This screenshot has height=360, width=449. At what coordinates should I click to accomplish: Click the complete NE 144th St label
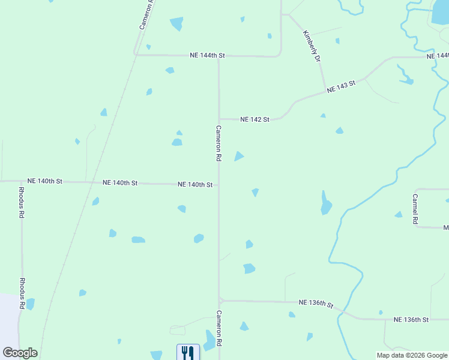[207, 55]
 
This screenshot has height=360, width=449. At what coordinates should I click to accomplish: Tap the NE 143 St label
[342, 86]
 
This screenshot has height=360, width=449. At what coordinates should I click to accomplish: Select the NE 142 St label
[255, 119]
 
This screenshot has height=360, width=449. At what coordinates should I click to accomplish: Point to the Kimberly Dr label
[312, 46]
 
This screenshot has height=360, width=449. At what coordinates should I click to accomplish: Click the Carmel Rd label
[415, 209]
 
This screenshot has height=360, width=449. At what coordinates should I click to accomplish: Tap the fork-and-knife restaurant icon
[188, 352]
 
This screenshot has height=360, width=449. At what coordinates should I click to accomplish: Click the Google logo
[20, 353]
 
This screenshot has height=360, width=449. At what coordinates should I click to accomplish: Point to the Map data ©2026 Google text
[411, 355]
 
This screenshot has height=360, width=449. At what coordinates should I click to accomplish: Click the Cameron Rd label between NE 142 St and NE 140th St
[219, 143]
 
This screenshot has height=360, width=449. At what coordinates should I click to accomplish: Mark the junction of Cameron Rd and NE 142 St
[219, 119]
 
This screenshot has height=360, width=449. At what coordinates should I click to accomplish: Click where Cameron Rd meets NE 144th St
[218, 56]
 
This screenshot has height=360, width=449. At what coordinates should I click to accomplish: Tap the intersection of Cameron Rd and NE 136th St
[220, 300]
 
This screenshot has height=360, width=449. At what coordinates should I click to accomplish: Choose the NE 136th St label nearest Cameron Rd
[316, 303]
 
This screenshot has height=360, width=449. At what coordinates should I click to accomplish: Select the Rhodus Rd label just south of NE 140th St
[22, 205]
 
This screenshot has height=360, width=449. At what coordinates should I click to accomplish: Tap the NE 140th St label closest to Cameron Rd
[195, 185]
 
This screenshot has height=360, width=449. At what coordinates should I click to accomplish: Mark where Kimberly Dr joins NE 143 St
[325, 91]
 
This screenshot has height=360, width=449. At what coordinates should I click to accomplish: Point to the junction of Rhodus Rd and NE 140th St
[22, 181]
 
